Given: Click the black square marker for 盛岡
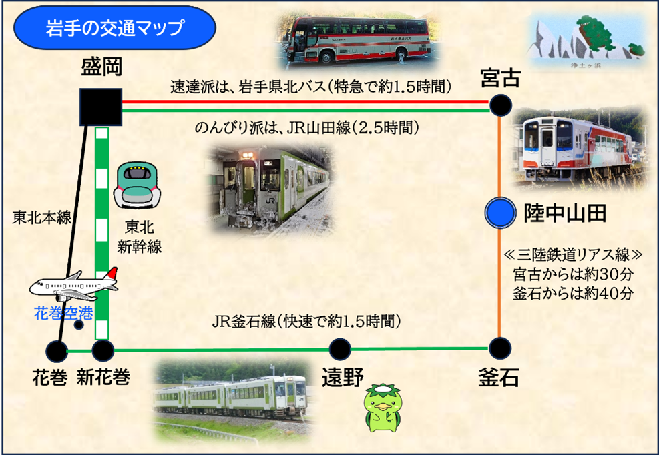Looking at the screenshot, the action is pyautogui.click(x=100, y=107).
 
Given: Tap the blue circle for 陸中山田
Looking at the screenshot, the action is pyautogui.click(x=500, y=213).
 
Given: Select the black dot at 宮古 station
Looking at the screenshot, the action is pyautogui.click(x=501, y=105).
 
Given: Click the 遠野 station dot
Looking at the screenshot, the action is pyautogui.click(x=340, y=348).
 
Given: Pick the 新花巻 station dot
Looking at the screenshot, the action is pyautogui.click(x=103, y=349).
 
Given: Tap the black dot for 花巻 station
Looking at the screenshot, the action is pyautogui.click(x=57, y=350).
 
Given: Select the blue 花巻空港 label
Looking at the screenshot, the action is pyautogui.click(x=63, y=312).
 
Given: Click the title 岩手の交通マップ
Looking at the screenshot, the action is pyautogui.click(x=114, y=27).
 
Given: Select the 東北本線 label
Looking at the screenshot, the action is pyautogui.click(x=41, y=217).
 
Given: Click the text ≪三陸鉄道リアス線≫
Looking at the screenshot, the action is pyautogui.click(x=573, y=255).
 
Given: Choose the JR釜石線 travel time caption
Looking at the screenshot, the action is pyautogui.click(x=306, y=323).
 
